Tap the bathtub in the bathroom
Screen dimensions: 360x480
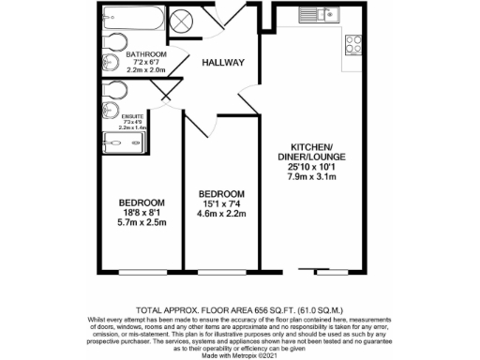click(x=134, y=20)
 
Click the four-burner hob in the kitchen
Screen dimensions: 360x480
click(x=356, y=44)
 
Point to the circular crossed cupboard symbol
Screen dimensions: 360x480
click(x=182, y=21)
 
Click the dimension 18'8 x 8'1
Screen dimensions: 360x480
click(x=142, y=214)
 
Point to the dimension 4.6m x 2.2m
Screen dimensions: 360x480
click(x=223, y=214)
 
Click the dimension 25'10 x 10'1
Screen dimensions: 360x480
click(x=314, y=168)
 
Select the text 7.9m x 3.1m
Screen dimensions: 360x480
click(x=314, y=178)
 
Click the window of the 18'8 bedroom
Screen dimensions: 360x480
click(x=142, y=273)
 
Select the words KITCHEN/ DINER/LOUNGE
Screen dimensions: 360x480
click(x=314, y=152)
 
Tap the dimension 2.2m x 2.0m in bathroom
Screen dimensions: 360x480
click(x=145, y=69)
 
